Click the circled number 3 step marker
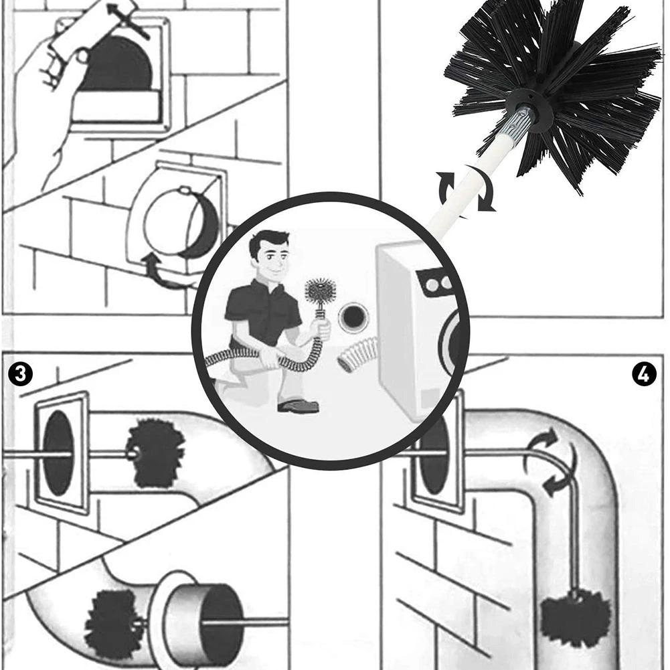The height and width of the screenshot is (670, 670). point(20,373)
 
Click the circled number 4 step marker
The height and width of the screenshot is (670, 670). point(643,374)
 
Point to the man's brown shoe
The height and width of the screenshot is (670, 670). point(299,405)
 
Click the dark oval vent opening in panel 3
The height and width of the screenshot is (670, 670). point(58,453)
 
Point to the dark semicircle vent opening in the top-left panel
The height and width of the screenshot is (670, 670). point(116,63)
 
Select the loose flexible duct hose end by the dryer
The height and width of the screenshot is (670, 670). point(357,353)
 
